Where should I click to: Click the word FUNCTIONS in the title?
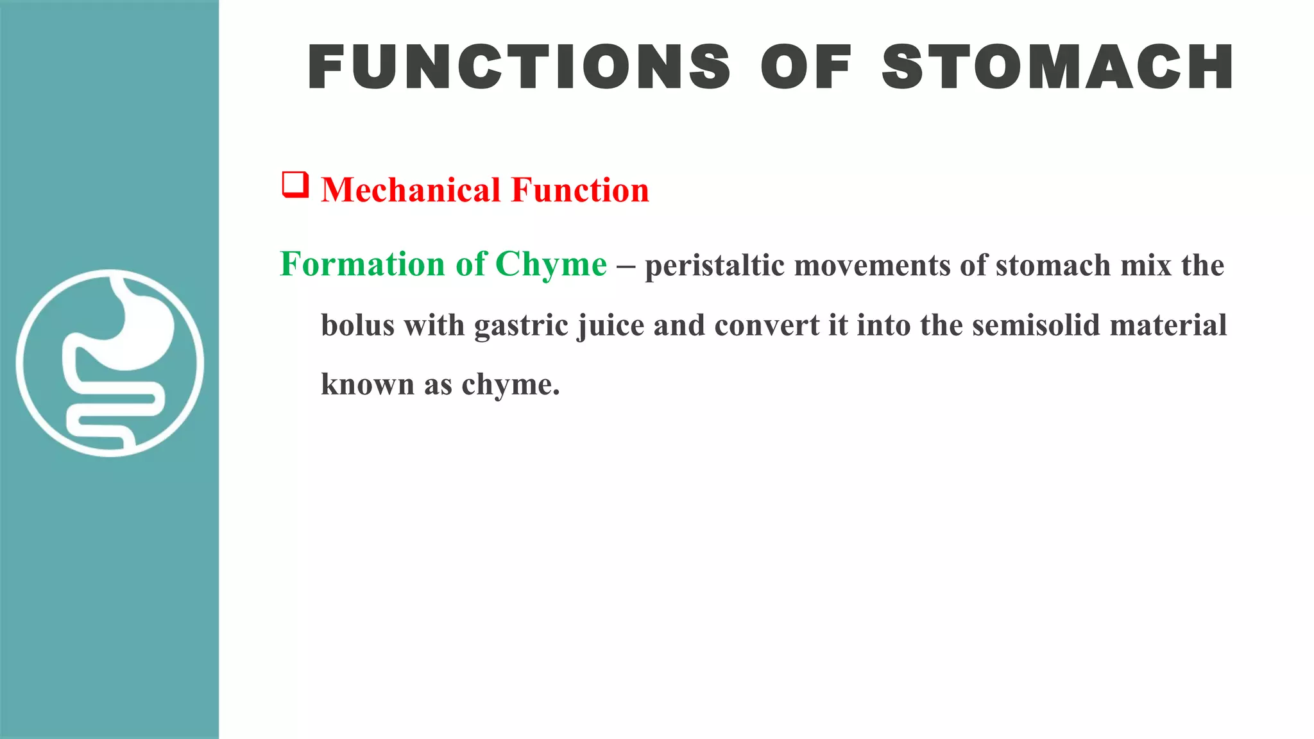518,67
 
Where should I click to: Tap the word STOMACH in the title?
1057,67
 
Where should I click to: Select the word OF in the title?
806,67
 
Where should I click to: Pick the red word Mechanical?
411,190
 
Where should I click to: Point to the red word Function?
580,190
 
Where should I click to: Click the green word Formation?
363,264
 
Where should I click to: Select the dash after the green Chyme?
626,266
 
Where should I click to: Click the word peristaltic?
714,266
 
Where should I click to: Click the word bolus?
357,325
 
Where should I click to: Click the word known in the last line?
368,384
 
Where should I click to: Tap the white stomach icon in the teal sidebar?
110,363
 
